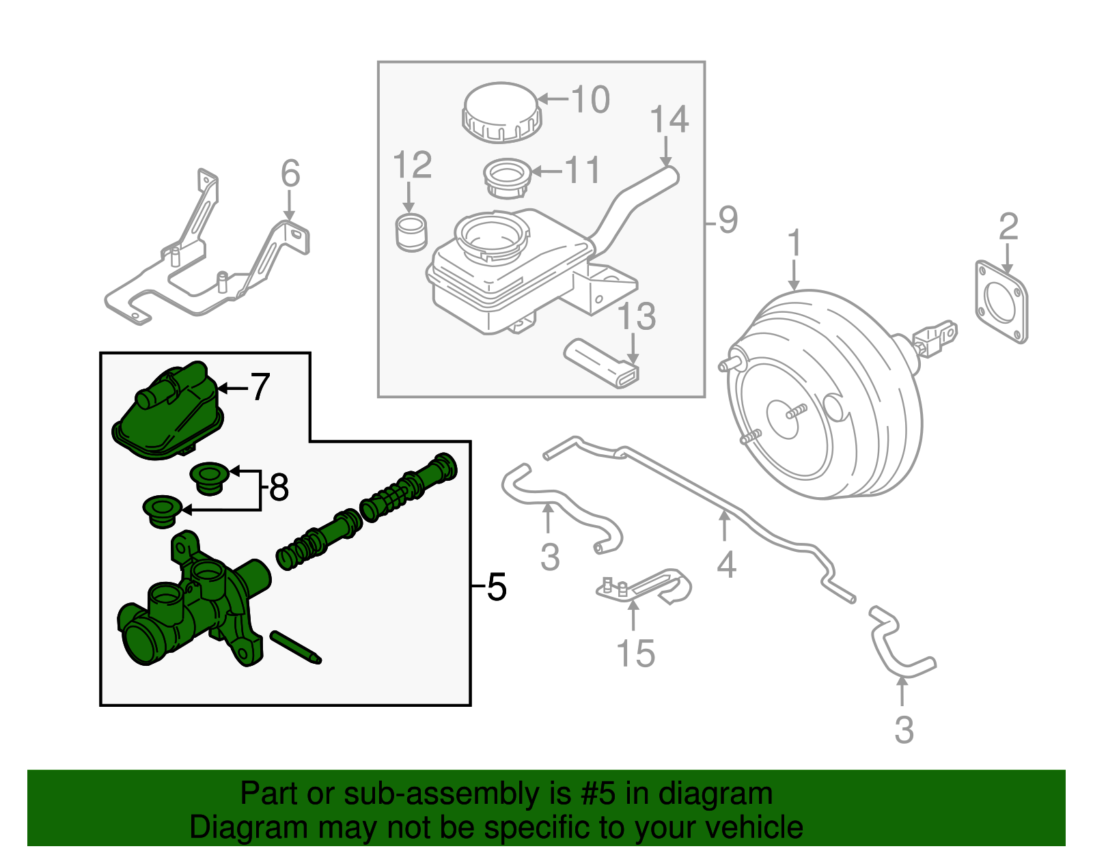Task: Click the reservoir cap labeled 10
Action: click(x=502, y=112)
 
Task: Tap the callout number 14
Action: click(x=669, y=120)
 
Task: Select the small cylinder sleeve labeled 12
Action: click(x=411, y=232)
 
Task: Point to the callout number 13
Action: click(x=637, y=317)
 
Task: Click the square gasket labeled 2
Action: click(x=1002, y=300)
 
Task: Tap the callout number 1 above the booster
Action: click(x=794, y=244)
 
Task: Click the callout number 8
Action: click(x=279, y=488)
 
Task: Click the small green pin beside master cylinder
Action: click(x=295, y=646)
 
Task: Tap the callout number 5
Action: click(x=497, y=587)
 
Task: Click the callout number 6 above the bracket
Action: click(x=290, y=173)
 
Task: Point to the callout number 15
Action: click(x=635, y=654)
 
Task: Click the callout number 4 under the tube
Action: click(x=726, y=565)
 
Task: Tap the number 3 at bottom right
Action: click(x=903, y=730)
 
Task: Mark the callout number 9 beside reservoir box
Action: click(x=728, y=220)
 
